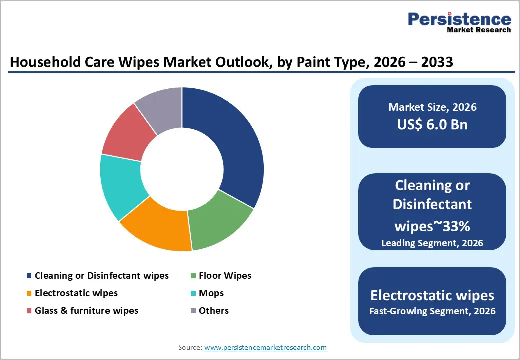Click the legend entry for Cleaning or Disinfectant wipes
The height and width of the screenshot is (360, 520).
pos(102,276)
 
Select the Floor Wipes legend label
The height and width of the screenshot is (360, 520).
pos(225,276)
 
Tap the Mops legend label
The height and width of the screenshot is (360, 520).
pos(211,293)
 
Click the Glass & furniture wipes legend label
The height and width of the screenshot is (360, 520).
pos(86,311)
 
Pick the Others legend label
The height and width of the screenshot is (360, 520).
pos(214,311)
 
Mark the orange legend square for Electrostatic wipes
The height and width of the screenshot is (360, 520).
pos(29,294)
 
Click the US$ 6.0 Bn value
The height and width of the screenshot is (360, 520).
pos(432,124)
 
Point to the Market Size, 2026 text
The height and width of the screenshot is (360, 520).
pos(432,107)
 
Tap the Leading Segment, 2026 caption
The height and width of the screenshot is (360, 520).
pos(432,243)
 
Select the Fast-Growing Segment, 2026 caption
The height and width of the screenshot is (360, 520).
pos(432,311)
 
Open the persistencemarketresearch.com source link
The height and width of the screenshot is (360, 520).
pos(265,347)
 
